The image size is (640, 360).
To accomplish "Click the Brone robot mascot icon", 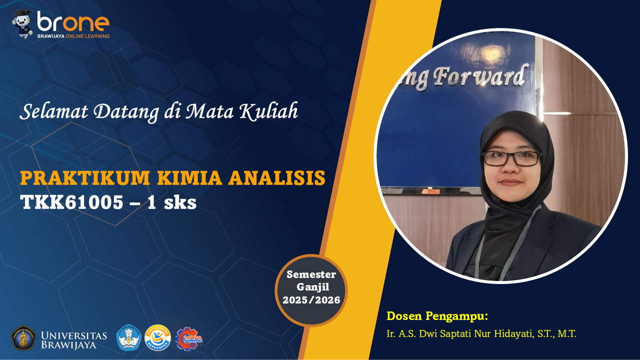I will coord(22,23).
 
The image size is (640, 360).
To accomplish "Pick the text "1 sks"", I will coord(174,202).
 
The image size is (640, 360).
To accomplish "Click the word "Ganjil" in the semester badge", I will coord(311,287).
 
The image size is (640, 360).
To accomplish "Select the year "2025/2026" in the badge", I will coord(311,300).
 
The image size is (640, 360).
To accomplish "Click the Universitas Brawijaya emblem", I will coord(23,338).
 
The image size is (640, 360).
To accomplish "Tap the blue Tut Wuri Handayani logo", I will coord(128,338).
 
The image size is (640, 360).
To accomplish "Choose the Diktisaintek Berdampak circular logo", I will coord(157,338).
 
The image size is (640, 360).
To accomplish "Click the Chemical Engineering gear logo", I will coord(188,338).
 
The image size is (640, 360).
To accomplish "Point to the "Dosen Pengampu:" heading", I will coord(437,316).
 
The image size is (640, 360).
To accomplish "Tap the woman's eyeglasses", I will coord(511,158).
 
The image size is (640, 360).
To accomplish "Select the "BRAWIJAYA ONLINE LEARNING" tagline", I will coord(73,36).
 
